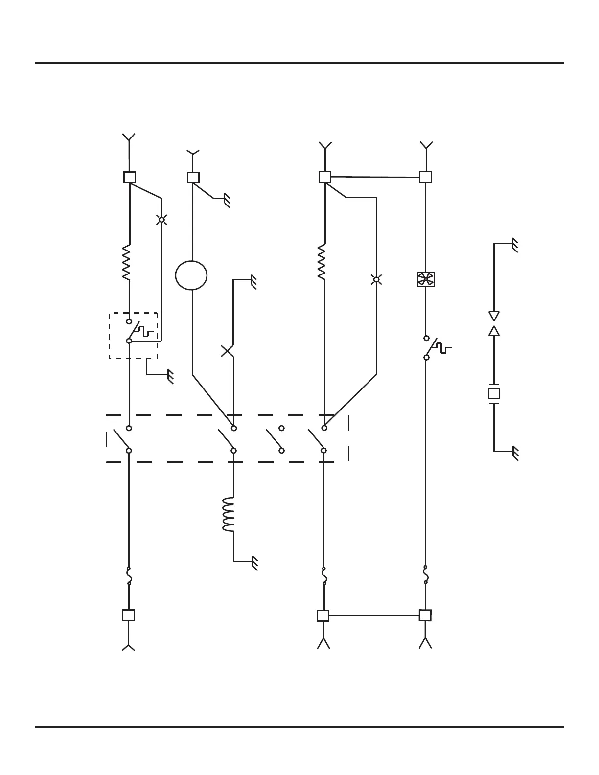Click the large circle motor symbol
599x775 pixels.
click(x=191, y=275)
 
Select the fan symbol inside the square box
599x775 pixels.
click(x=426, y=279)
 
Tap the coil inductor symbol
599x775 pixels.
click(x=229, y=515)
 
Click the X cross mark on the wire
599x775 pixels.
click(x=227, y=350)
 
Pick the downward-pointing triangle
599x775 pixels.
click(x=494, y=316)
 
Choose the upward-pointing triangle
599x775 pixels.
click(x=494, y=331)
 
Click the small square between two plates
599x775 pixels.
click(x=494, y=393)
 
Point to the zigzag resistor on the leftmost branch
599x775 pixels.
click(x=127, y=262)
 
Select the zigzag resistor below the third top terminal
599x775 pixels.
click(x=322, y=262)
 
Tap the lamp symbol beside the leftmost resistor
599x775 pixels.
click(x=161, y=220)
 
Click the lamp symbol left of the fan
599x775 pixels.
click(x=376, y=280)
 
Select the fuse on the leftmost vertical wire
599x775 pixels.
click(x=129, y=576)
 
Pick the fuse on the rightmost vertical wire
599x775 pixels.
click(x=426, y=574)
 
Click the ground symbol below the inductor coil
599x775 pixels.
click(x=254, y=563)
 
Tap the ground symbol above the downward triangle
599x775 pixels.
click(x=514, y=245)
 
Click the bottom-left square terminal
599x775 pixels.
click(x=129, y=615)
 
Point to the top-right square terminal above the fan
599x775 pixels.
click(x=426, y=177)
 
